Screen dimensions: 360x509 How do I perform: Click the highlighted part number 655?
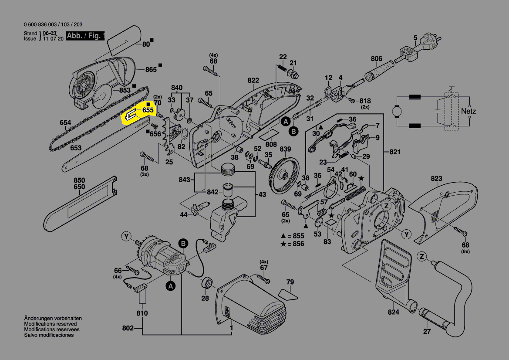(148, 111)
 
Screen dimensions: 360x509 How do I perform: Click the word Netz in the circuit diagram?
(469, 111)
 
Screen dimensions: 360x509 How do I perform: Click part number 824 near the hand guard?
(393, 312)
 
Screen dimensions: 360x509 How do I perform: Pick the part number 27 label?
(427, 332)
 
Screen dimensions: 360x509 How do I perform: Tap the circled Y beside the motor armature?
(126, 237)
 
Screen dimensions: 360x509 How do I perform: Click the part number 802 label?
(128, 328)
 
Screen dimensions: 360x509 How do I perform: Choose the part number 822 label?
(253, 81)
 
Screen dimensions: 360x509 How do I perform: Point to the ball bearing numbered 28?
(206, 284)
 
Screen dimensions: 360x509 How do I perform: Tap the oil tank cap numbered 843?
(227, 169)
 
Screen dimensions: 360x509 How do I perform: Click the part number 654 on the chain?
(65, 123)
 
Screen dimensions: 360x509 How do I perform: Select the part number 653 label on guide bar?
(76, 148)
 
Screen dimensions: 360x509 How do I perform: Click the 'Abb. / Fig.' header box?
(85, 36)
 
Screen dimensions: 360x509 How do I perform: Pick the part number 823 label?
(436, 179)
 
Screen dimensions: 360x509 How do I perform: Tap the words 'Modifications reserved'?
(51, 324)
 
